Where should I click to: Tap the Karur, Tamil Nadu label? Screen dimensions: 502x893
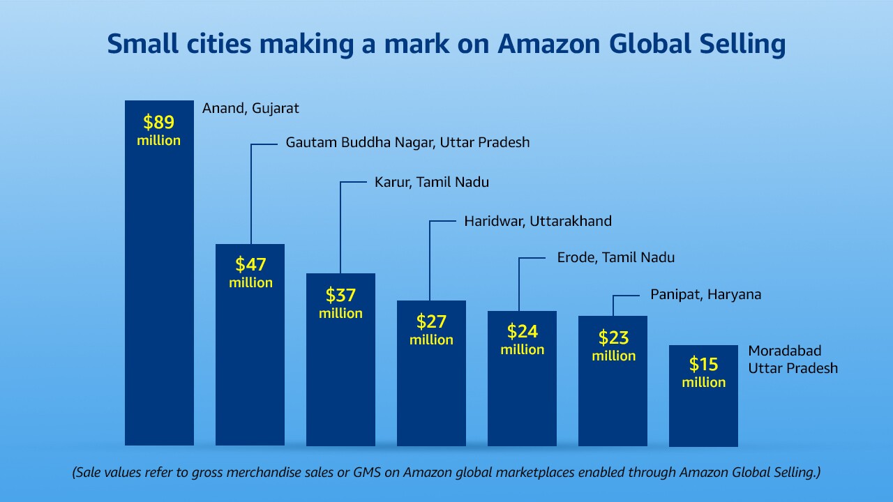click(431, 182)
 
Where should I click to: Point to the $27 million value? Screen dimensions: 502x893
click(431, 330)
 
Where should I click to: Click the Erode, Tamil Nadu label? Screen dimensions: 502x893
click(615, 257)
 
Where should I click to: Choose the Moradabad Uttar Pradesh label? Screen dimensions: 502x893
click(793, 359)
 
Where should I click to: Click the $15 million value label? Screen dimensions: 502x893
click(703, 372)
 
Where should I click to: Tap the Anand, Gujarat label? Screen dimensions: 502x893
click(250, 108)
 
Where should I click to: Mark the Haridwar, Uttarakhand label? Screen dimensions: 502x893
click(537, 221)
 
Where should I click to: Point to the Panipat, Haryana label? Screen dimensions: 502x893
click(705, 294)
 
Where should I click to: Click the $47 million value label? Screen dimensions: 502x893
click(250, 273)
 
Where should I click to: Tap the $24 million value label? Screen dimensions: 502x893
click(522, 340)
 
